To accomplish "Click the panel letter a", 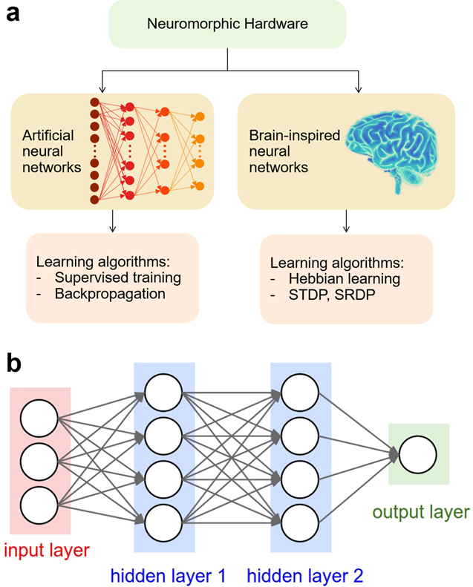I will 13,15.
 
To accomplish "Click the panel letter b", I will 14,364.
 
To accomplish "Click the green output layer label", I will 420,513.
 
